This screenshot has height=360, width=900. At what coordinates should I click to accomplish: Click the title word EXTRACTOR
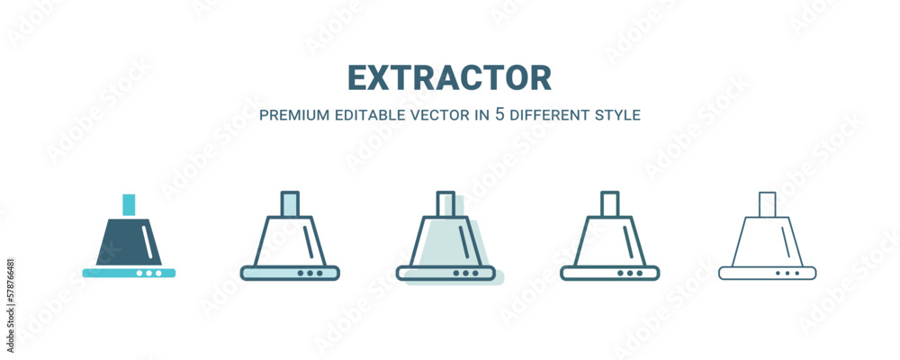[x=449, y=78]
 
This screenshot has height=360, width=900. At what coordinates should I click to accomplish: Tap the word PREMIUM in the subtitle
[x=294, y=115]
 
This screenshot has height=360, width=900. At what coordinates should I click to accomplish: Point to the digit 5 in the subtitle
[x=499, y=114]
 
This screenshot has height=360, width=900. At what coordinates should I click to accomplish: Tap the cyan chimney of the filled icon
[x=129, y=205]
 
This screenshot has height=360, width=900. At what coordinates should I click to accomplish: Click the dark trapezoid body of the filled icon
[x=129, y=242]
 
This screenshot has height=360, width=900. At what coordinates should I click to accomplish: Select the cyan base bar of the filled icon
[x=129, y=273]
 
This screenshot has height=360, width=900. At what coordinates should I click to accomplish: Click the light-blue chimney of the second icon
[x=290, y=203]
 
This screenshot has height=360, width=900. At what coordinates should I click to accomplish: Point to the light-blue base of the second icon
[x=290, y=273]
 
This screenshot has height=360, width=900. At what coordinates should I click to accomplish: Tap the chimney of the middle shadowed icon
[x=445, y=203]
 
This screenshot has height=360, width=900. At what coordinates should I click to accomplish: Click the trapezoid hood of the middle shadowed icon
[x=426, y=241]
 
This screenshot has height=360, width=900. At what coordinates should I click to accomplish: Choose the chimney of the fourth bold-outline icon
[x=610, y=203]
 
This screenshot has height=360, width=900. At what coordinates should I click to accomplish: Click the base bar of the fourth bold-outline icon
[x=609, y=273]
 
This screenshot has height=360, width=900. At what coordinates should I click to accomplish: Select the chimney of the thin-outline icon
[x=768, y=204]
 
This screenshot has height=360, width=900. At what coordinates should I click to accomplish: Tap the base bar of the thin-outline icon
[x=768, y=273]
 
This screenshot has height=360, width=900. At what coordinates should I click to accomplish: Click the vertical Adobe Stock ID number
[x=11, y=305]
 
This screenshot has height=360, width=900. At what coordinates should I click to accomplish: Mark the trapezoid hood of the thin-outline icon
[x=739, y=241]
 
